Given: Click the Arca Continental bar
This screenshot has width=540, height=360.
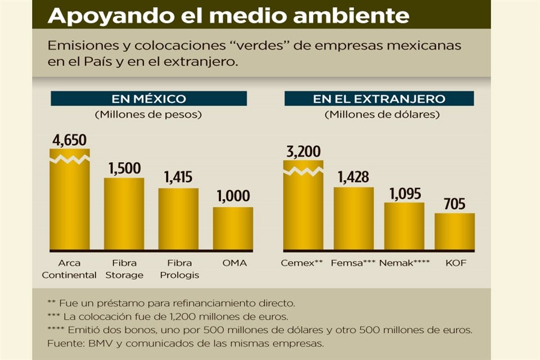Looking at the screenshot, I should [70, 202].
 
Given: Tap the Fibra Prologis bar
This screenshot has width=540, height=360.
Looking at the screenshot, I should [178, 219].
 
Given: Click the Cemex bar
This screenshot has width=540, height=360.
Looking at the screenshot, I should [303, 208].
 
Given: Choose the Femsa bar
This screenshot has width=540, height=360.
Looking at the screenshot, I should [353, 219].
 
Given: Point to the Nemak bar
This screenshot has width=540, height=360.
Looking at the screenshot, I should [404, 227].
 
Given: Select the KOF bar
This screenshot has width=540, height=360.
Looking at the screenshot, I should [454, 232].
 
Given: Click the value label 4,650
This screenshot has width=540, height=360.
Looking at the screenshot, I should [69, 139].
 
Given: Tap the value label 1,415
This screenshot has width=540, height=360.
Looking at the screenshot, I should [178, 178].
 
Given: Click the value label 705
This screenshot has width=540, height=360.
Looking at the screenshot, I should [454, 204].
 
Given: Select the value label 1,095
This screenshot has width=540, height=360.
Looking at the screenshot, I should [404, 192].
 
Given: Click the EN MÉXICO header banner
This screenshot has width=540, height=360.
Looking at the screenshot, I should [148, 99].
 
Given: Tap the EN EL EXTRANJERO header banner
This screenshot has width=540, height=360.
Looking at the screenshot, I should [379, 99].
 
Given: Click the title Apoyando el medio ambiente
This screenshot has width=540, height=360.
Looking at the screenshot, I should [228, 15].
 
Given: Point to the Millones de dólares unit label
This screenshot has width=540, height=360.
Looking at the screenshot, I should [382, 115].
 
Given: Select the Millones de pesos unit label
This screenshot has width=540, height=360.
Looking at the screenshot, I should [148, 115].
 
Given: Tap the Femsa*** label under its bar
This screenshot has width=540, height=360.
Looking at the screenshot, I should [353, 263].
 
